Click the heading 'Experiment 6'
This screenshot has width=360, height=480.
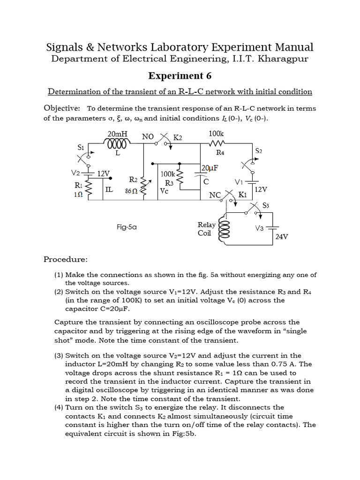click(x=180, y=76)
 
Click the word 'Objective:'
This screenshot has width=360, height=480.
click(x=61, y=108)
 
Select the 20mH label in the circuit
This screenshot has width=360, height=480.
click(x=116, y=135)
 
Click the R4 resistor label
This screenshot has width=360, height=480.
click(x=220, y=153)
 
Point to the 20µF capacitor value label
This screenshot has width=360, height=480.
click(x=209, y=168)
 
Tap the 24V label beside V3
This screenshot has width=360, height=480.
click(x=281, y=237)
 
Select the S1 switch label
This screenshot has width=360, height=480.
click(x=81, y=147)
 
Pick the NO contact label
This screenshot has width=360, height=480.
click(x=148, y=137)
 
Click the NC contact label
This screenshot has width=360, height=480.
click(x=215, y=195)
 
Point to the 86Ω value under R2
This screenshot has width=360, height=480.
click(x=131, y=191)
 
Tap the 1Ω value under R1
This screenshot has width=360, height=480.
click(x=78, y=194)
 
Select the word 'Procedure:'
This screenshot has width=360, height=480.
click(x=65, y=259)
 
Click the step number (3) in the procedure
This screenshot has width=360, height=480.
click(x=60, y=356)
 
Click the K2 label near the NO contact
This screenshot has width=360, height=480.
click(x=178, y=138)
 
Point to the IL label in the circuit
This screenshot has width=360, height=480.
click(x=109, y=189)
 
